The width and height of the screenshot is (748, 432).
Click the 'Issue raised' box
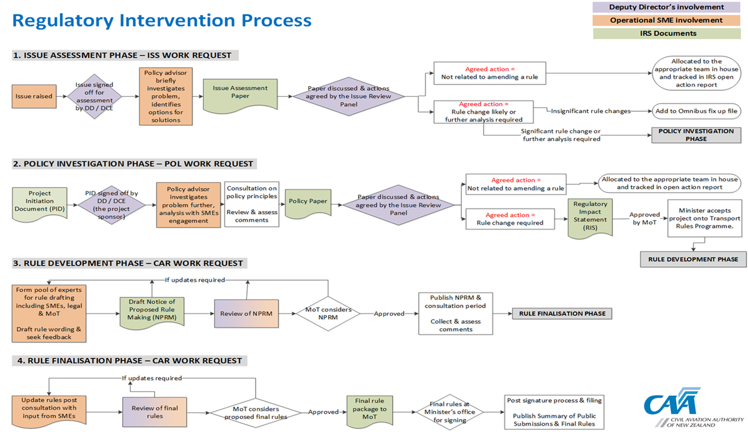click(x=34, y=96)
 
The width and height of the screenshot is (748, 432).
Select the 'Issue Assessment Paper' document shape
click(x=240, y=95)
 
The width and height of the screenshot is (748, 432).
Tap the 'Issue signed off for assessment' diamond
click(x=94, y=96)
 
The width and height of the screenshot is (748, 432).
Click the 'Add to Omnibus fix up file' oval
click(x=697, y=111)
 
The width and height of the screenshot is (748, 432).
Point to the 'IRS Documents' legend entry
click(x=667, y=34)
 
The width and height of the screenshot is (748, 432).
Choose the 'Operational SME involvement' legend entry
click(x=667, y=20)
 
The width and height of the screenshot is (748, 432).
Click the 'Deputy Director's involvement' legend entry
click(x=667, y=7)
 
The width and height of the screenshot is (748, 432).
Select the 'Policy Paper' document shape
click(x=308, y=203)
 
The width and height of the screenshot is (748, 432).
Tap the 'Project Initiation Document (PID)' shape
click(x=40, y=204)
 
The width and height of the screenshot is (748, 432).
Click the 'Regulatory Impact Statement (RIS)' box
click(x=590, y=218)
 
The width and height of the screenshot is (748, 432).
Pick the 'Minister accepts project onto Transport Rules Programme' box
click(x=705, y=218)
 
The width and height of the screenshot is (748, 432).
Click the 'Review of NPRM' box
click(x=246, y=313)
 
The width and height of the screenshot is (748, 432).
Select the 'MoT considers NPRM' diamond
click(x=328, y=313)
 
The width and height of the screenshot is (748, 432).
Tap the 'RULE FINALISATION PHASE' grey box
click(x=562, y=313)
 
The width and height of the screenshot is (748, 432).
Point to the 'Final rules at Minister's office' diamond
click(x=450, y=412)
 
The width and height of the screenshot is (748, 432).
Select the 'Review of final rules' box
click(x=154, y=412)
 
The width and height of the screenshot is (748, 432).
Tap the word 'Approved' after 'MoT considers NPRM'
click(x=389, y=313)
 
